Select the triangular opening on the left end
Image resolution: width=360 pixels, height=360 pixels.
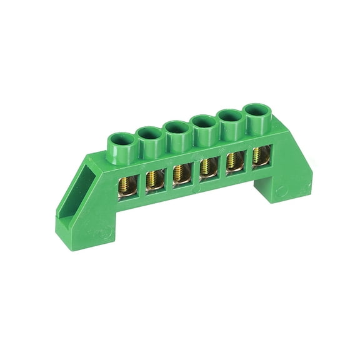tap(89, 182)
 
